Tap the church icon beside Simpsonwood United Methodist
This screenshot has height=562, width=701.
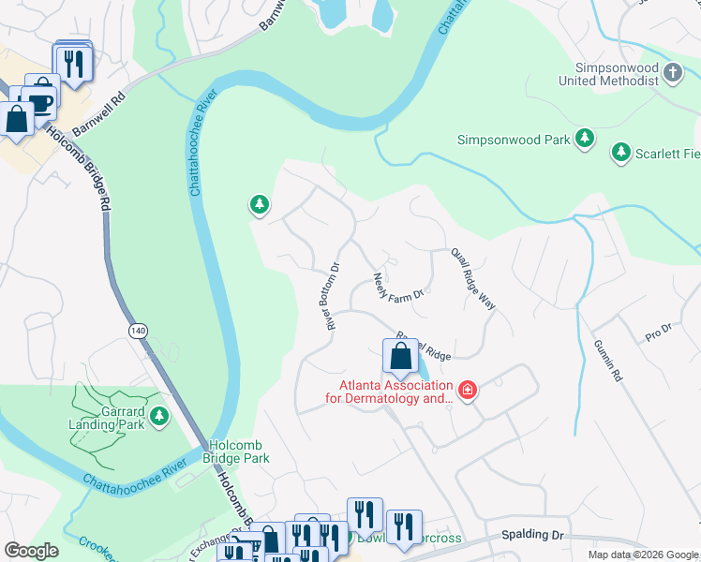pos(672,72)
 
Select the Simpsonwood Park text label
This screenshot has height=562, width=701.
pos(513,140)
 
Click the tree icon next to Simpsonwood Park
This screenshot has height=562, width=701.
pos(585,140)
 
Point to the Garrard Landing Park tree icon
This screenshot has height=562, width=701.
pos(158,415)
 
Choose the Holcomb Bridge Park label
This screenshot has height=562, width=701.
pos(236,451)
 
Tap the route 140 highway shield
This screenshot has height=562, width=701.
pos(139,331)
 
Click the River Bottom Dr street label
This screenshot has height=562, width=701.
pos(333,296)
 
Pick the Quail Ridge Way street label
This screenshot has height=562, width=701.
pos(473,279)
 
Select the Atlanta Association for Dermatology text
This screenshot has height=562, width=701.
pos(395,392)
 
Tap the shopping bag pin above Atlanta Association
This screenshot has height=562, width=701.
pos(400,358)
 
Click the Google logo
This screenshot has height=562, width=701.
pos(31,551)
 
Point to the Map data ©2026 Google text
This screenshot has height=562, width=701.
pos(643,555)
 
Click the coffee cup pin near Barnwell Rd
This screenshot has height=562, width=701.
pos(40,94)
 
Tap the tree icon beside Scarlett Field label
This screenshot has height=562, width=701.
pos(619,151)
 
